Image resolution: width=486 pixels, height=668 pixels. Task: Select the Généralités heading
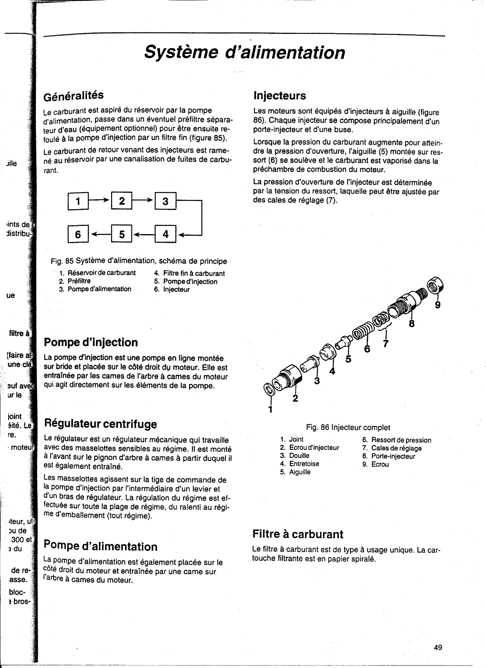coord(74,96)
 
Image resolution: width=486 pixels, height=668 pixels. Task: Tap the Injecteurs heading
coord(279,96)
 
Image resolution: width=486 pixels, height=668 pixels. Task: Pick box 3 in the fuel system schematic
coord(165,201)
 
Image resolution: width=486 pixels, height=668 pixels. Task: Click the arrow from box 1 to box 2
coord(100,199)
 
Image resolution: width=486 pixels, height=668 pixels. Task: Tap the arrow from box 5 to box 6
coord(100,235)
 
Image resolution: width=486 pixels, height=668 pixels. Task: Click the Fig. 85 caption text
coord(139,261)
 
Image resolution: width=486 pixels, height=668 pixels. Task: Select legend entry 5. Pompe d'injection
coord(186,281)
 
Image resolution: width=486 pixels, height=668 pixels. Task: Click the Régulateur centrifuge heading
coord(100,424)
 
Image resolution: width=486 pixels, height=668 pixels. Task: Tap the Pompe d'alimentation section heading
coord(100,546)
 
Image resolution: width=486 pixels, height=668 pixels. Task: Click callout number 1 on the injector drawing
coord(270,410)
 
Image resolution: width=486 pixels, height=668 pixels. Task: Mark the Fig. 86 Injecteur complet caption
coord(348,428)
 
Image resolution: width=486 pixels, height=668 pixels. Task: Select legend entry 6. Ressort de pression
coord(397,440)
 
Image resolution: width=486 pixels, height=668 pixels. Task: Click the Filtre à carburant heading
coord(298,534)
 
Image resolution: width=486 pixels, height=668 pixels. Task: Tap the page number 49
coord(438,636)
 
